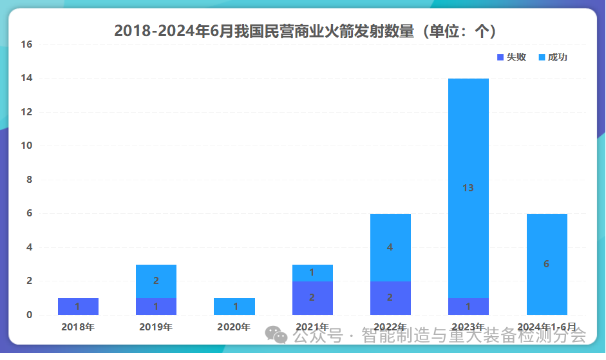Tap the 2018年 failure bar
pyautogui.click(x=78, y=307)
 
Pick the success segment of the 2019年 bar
pyautogui.click(x=156, y=281)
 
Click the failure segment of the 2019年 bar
pyautogui.click(x=156, y=307)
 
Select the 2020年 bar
pyautogui.click(x=234, y=307)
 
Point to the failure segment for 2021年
pyautogui.click(x=312, y=298)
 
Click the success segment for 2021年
pyautogui.click(x=312, y=273)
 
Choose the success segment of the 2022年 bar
pyautogui.click(x=390, y=247)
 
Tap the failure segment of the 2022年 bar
pyautogui.click(x=390, y=298)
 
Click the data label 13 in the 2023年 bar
pyautogui.click(x=468, y=188)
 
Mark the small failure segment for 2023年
pyautogui.click(x=468, y=307)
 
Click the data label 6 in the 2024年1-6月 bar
pyautogui.click(x=546, y=264)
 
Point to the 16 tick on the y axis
pyautogui.click(x=26, y=44)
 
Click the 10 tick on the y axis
pyautogui.click(x=26, y=146)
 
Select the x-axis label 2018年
pyautogui.click(x=78, y=327)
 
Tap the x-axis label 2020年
pyautogui.click(x=234, y=327)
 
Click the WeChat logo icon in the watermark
pyautogui.click(x=276, y=335)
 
